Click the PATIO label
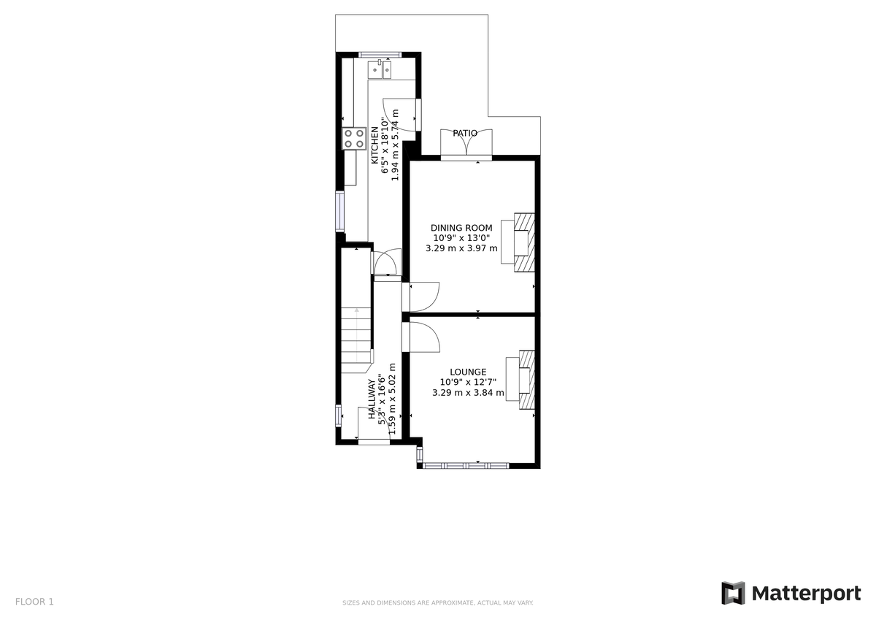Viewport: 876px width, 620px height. pos(465,134)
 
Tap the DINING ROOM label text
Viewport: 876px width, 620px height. pos(461,228)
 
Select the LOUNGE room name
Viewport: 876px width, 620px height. pos(468,372)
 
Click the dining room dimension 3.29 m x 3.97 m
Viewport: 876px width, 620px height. pos(461,248)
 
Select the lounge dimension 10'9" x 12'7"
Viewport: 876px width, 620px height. pos(468,382)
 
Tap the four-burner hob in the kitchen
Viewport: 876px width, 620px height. pos(355,139)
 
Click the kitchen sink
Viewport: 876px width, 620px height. pos(380,69)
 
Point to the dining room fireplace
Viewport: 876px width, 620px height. pos(523,242)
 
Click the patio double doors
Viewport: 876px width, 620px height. pos(466,145)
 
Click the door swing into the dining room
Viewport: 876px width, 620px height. pos(423,296)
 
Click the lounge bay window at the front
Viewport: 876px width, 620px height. pos(466,464)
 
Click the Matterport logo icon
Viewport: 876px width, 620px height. pos(733,593)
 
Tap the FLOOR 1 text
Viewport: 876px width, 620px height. pos(34,602)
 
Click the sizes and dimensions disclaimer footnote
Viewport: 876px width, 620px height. pos(438,603)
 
